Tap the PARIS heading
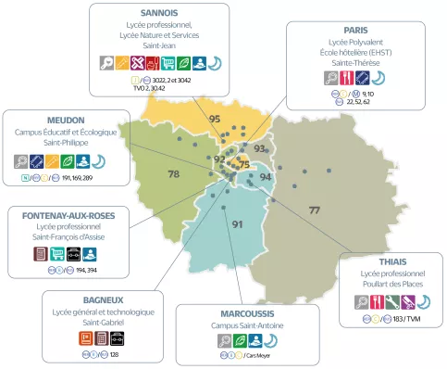point(355,30)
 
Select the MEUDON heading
point(66,120)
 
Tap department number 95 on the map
point(214,119)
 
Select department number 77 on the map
point(314,211)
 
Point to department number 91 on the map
point(237,224)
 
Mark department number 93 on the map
point(260,148)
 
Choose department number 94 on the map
point(266,176)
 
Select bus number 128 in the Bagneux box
point(114,354)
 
